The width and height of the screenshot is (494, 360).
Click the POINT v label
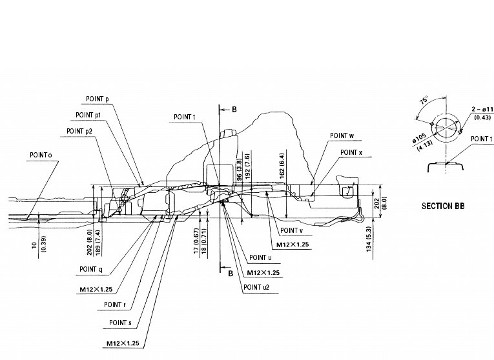[293, 230]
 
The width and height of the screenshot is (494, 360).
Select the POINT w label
[342, 136]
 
